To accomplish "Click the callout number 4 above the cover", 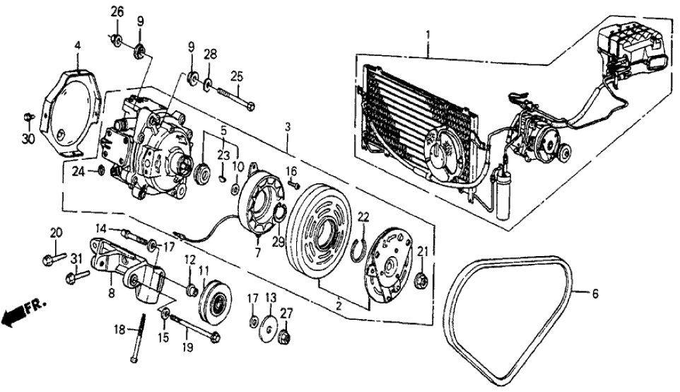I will point(78,47).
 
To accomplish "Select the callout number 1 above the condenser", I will point(427,34).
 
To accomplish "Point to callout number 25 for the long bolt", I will point(237,76).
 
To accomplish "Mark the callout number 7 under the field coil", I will point(257,252).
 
